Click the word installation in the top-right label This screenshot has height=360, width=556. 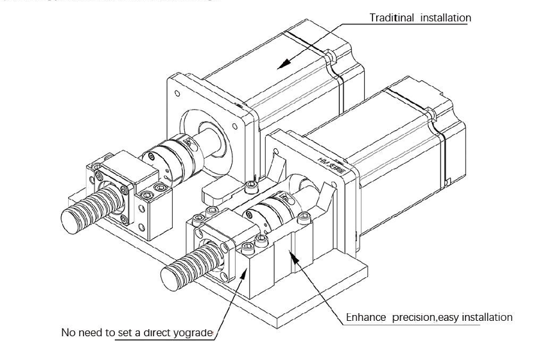[445, 18]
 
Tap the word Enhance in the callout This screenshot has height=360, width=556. [366, 317]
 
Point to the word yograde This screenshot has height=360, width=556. [192, 332]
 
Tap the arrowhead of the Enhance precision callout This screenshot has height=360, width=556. [290, 252]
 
